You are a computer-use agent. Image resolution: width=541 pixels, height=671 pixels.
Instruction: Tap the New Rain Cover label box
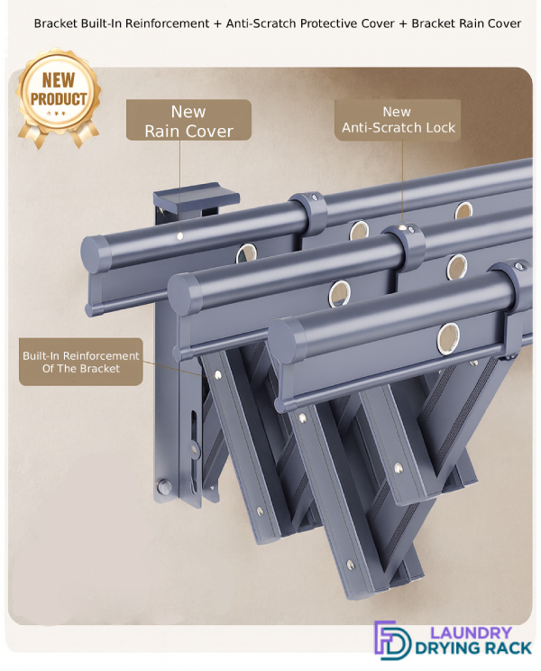coord(188,120)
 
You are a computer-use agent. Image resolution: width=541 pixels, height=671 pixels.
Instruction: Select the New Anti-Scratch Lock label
coord(398,120)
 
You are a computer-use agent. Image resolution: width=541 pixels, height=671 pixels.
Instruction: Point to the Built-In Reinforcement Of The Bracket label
coord(81,362)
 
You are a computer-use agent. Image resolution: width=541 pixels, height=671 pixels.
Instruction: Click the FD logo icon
coord(391,640)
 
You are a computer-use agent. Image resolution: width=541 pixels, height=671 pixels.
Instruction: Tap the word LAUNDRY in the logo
coord(471,632)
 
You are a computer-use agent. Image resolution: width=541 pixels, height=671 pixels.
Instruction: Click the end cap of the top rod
coord(95,253)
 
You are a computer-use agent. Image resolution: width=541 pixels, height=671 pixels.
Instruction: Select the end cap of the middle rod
coord(183,295)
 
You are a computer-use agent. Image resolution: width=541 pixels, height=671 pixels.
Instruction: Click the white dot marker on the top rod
coord(180,235)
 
